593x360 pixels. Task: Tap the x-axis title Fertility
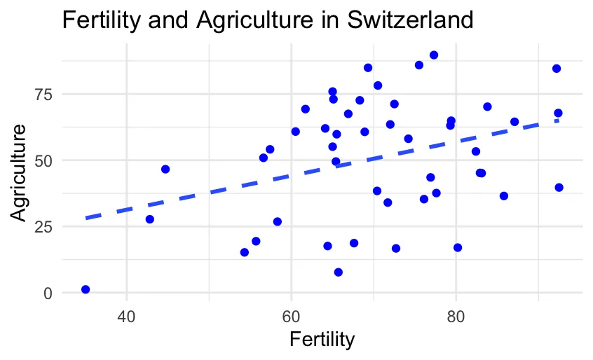(322, 340)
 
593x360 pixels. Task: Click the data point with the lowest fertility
(86, 289)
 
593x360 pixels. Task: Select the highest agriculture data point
(434, 55)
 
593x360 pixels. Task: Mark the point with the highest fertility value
(559, 188)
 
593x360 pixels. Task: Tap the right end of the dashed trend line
(558, 120)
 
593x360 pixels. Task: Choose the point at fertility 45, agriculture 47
(165, 169)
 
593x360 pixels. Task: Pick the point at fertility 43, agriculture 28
(149, 219)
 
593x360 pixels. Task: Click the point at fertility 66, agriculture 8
(339, 272)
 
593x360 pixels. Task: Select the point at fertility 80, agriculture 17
(458, 248)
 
